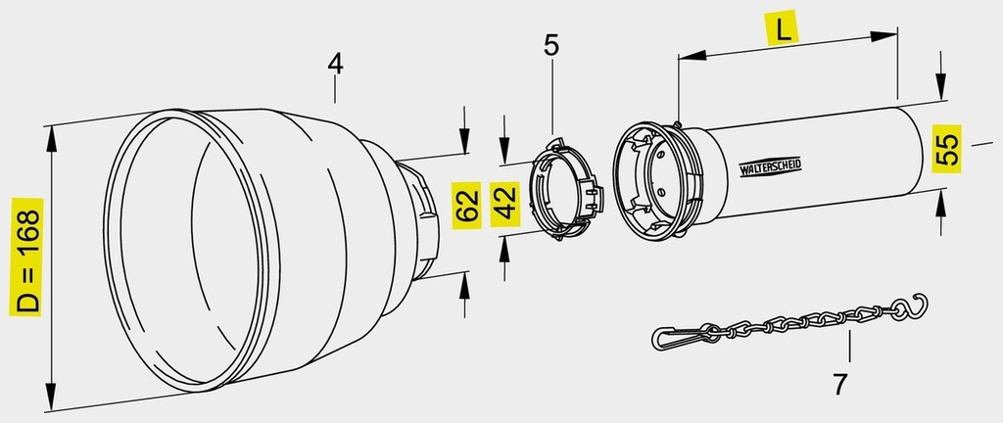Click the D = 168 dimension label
[x=26, y=257]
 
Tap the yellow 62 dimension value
[x=468, y=205]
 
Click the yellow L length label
[x=783, y=28]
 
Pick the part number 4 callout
[x=335, y=64]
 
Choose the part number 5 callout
[x=550, y=45]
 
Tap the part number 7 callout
[x=840, y=384]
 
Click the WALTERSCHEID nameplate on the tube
[x=770, y=167]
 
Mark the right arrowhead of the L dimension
[x=884, y=36]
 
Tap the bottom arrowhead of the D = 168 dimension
[x=51, y=397]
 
